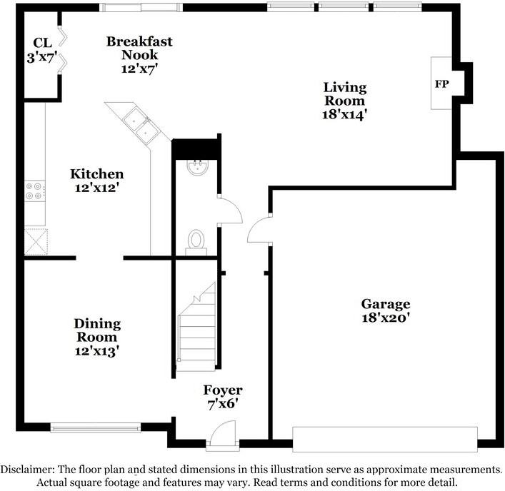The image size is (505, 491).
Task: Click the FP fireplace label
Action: click(x=441, y=84)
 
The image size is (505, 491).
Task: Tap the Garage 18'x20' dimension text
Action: click(x=386, y=318)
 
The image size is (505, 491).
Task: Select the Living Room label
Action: click(x=344, y=94)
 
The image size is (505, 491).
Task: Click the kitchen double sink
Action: click(x=141, y=124)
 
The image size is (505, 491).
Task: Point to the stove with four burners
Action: click(x=35, y=191)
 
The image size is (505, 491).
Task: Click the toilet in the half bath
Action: click(x=196, y=243)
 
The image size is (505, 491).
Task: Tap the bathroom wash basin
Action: click(x=198, y=167)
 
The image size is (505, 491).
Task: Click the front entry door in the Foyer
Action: click(x=223, y=433)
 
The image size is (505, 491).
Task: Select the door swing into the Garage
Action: click(x=259, y=229)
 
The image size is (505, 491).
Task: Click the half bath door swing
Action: click(x=229, y=210)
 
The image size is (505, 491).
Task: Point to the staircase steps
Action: click(x=196, y=327)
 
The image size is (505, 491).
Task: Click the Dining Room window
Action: click(x=96, y=427)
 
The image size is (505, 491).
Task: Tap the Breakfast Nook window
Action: click(x=141, y=7)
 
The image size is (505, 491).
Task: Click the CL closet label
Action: click(x=43, y=43)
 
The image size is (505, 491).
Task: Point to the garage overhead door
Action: click(x=385, y=440)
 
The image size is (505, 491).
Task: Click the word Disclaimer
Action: click(x=27, y=470)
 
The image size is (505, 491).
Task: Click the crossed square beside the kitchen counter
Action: click(x=36, y=242)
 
